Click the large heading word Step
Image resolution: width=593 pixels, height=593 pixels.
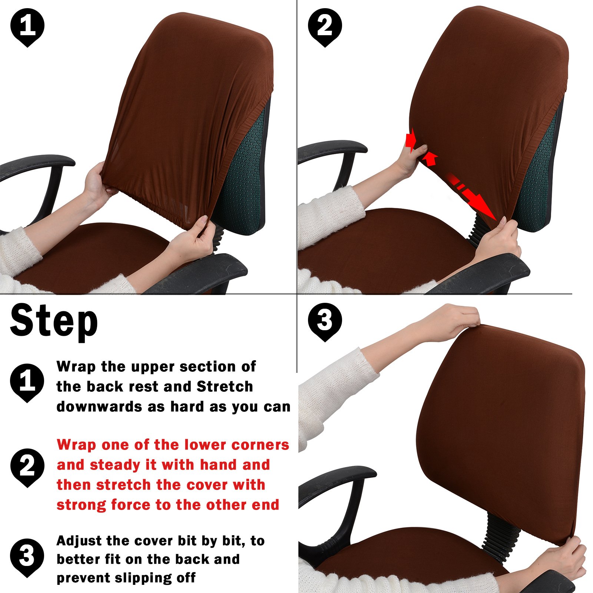click(x=54, y=321)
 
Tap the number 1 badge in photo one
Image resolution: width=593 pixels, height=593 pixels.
click(x=27, y=27)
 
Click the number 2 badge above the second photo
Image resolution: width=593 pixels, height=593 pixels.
click(x=325, y=27)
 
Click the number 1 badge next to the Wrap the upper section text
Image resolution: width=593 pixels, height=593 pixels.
click(x=27, y=382)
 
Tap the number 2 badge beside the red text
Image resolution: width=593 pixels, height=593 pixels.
click(x=27, y=467)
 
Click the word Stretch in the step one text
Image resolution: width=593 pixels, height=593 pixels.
click(x=225, y=387)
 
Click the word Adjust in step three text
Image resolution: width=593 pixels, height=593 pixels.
click(x=79, y=541)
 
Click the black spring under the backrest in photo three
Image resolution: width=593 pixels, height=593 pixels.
click(x=500, y=534)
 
